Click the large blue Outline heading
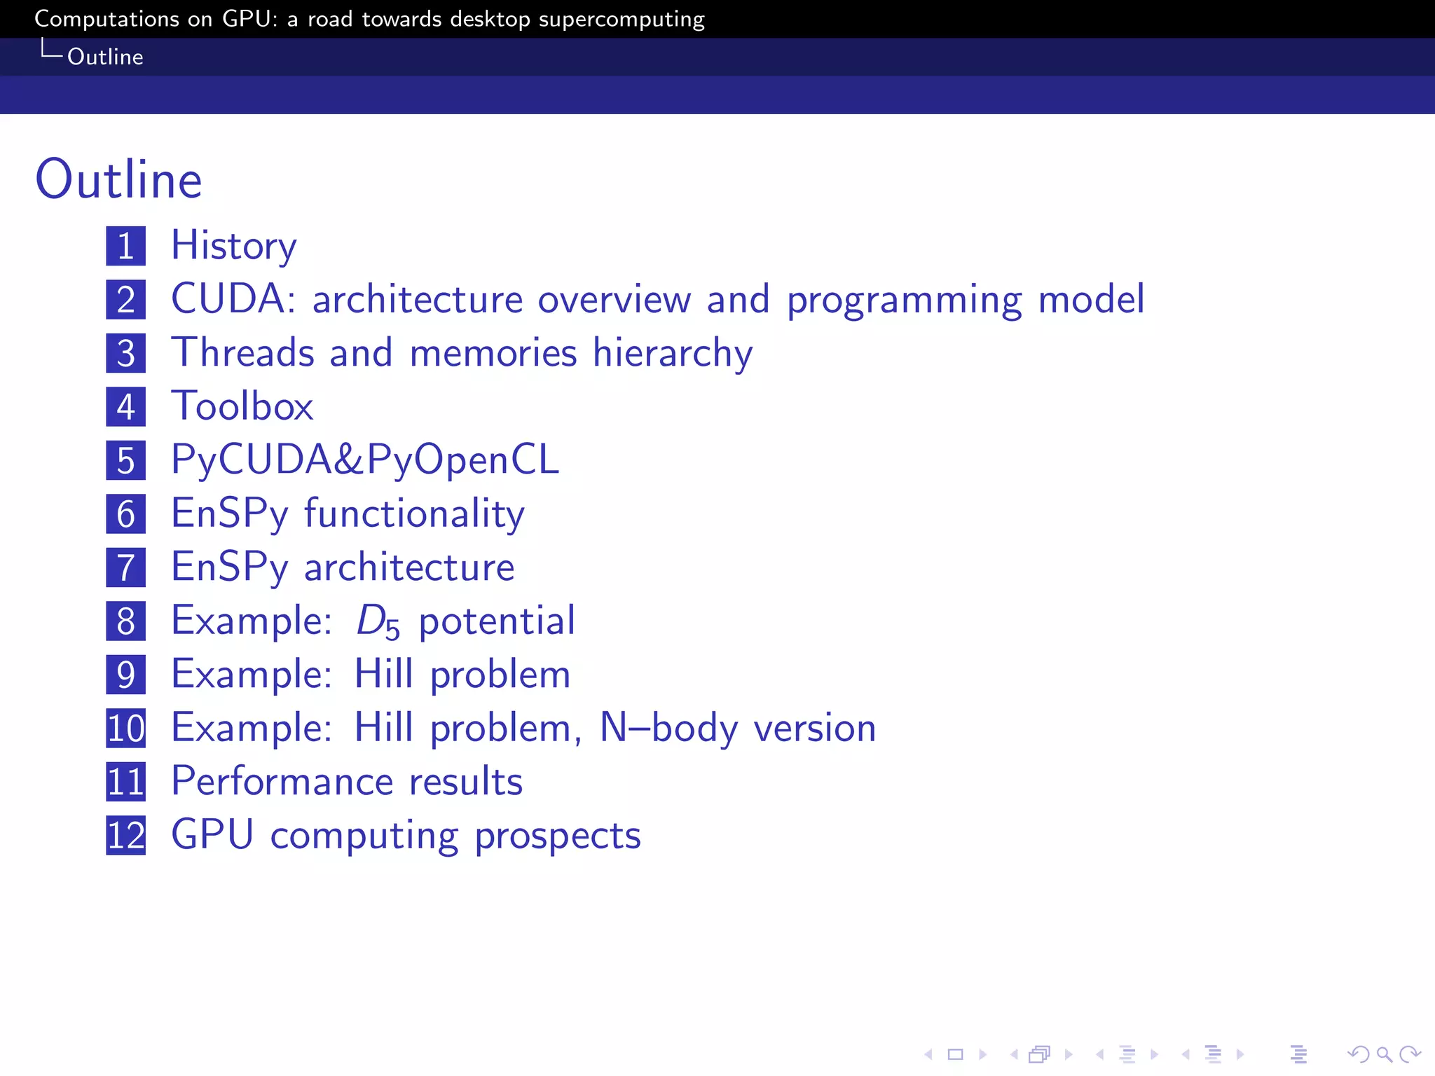point(118,179)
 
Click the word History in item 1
point(234,246)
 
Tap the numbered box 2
point(126,300)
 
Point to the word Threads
point(243,352)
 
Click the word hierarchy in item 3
point(673,353)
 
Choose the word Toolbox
point(242,406)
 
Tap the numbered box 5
point(126,460)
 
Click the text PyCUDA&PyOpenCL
point(365,460)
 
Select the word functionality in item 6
point(414,514)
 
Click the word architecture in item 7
point(409,567)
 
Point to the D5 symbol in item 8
point(378,621)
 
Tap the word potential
point(497,621)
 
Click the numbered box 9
point(126,675)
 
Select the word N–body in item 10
point(669,728)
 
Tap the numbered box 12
point(126,835)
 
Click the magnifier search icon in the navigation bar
point(1384,1054)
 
